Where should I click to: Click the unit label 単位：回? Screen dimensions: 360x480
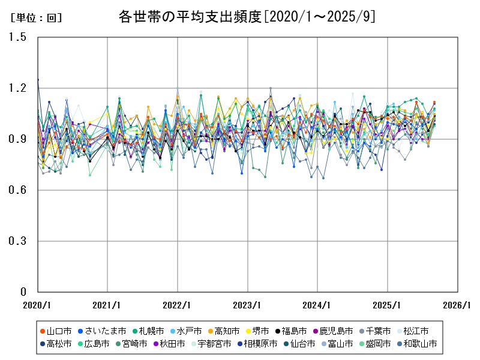click(36, 17)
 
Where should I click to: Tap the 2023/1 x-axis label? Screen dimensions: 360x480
click(248, 305)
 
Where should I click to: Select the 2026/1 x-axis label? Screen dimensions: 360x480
click(458, 305)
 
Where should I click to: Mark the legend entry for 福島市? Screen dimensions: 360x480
click(294, 331)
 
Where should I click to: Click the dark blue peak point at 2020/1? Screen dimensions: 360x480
click(38, 80)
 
